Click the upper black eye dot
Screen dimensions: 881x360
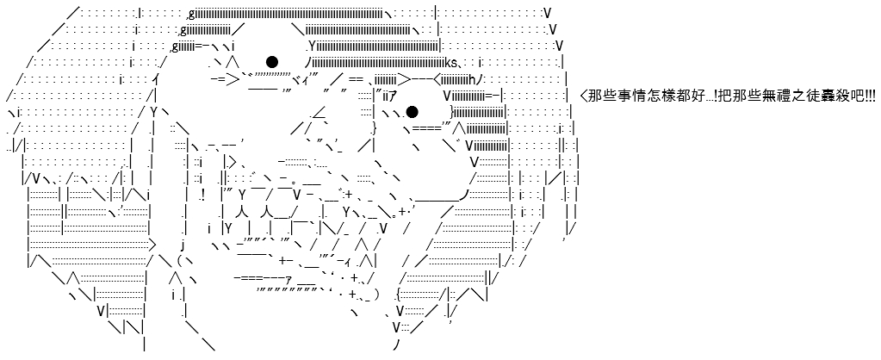pos(272,62)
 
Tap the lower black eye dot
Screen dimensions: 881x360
pos(412,112)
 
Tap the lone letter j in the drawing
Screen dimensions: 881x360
pos(183,245)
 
